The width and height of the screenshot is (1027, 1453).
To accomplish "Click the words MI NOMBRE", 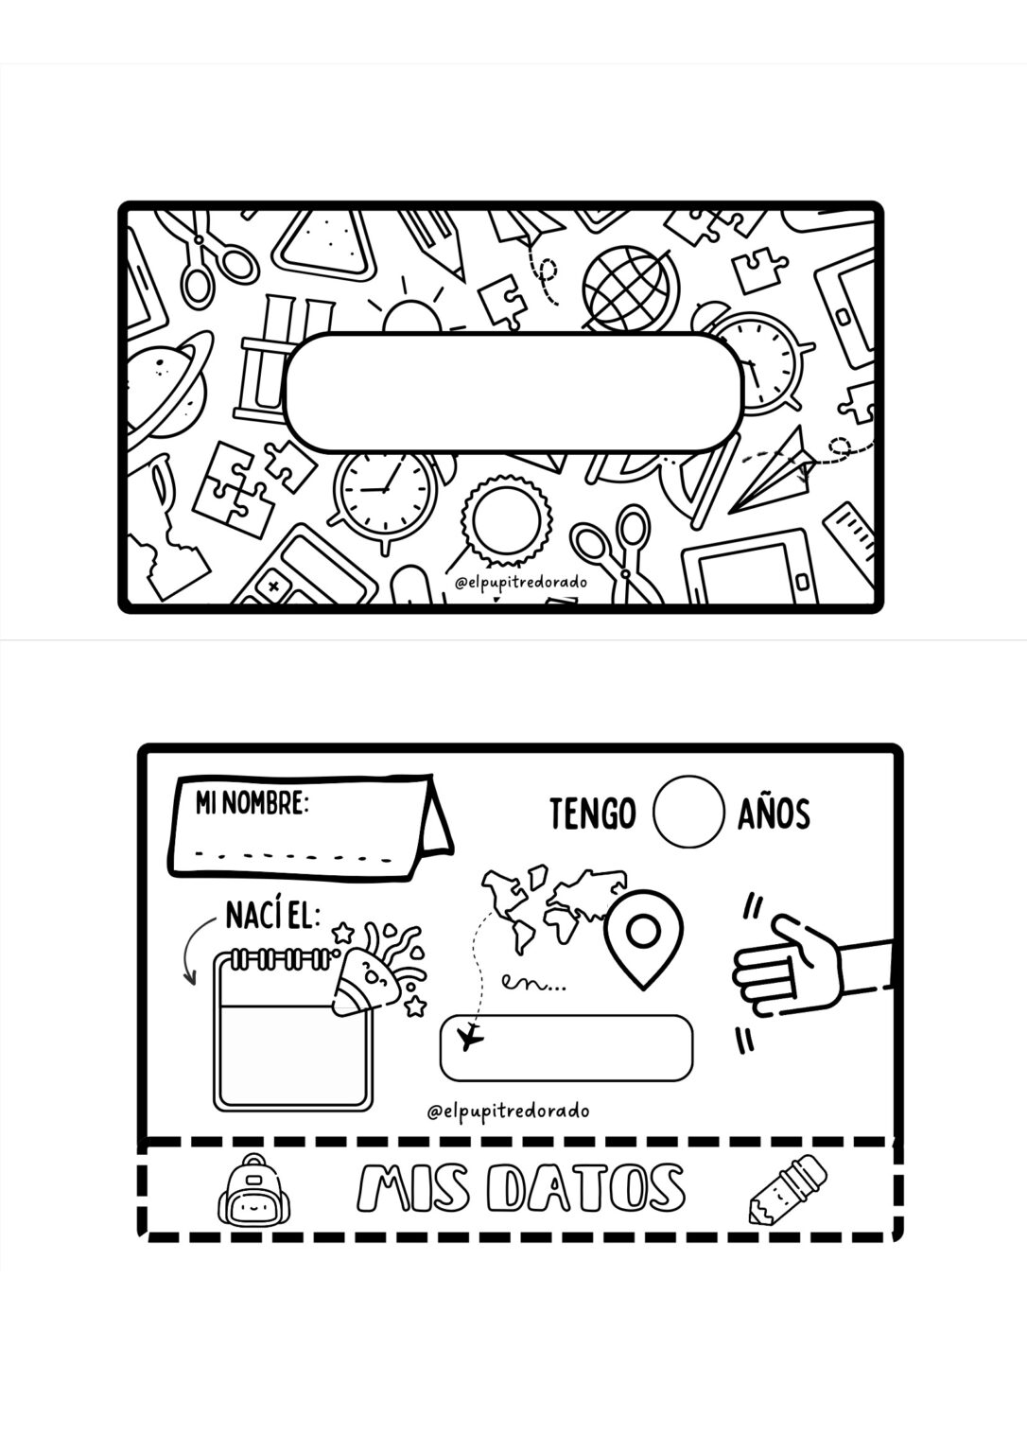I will tap(252, 804).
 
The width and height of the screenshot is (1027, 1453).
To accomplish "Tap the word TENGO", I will tap(592, 814).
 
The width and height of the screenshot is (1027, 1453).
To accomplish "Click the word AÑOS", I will tap(774, 814).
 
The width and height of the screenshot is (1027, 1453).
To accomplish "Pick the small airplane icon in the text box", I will tap(469, 1038).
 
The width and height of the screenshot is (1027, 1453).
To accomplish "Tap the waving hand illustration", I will tap(804, 965).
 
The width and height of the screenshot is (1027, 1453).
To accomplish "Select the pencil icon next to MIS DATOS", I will tap(787, 1186).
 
